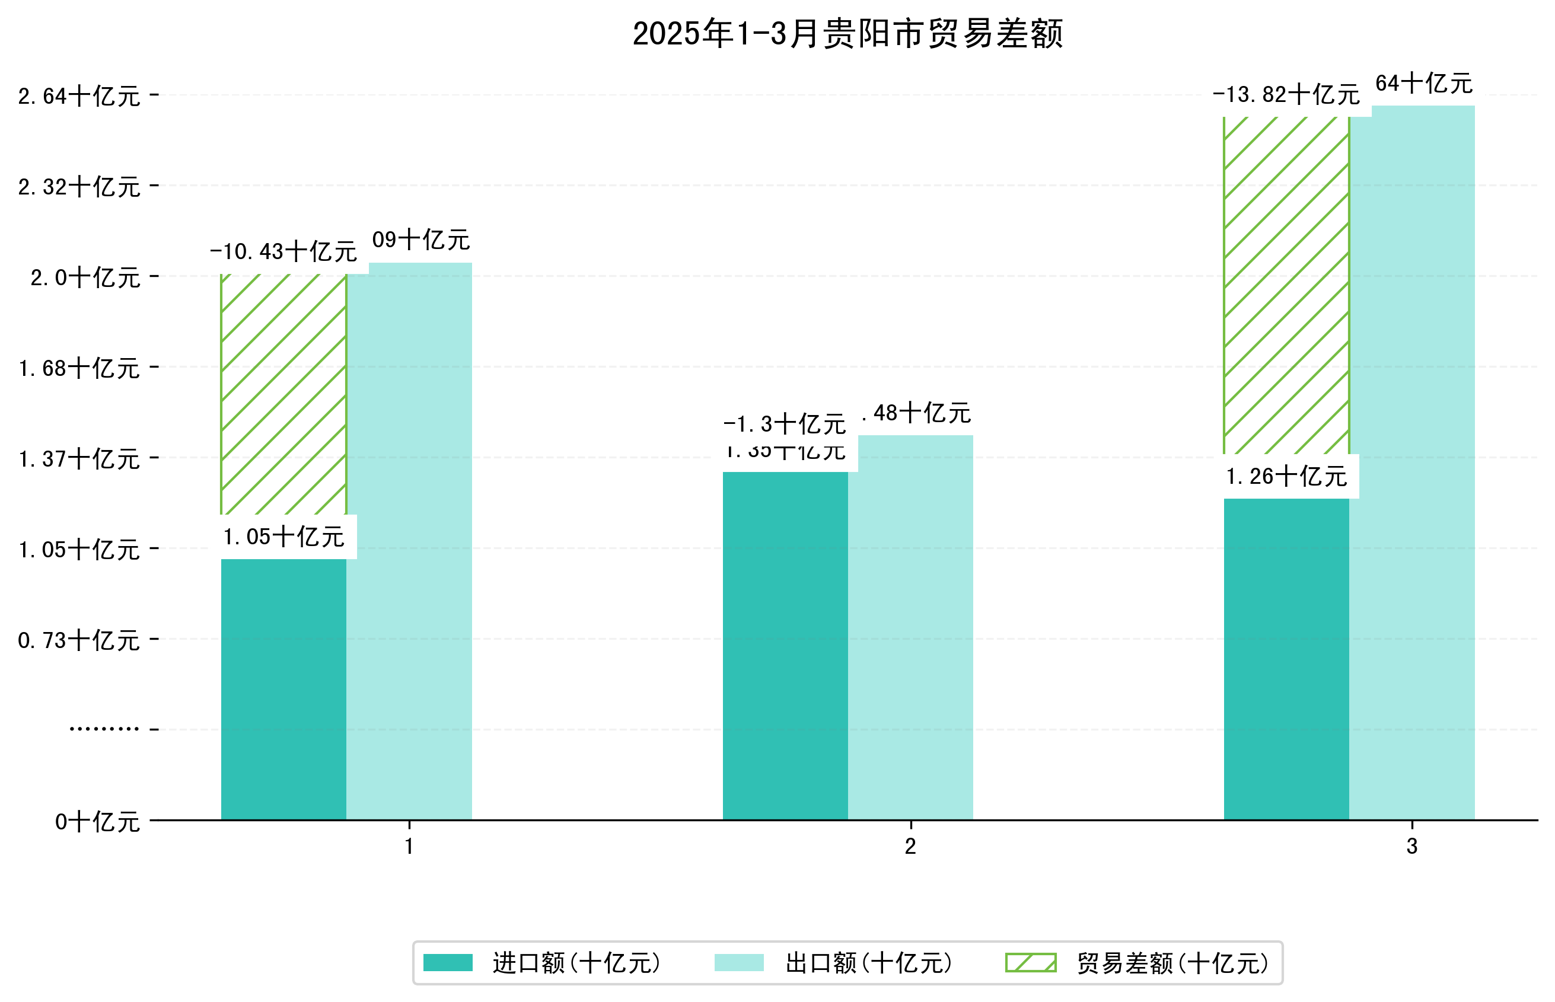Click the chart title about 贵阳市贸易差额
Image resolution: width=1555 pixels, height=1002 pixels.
click(x=847, y=34)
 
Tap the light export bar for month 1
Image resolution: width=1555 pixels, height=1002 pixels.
click(x=409, y=540)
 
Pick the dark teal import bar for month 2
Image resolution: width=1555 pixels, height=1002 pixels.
click(x=785, y=644)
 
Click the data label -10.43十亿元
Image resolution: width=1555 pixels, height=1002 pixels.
click(x=283, y=252)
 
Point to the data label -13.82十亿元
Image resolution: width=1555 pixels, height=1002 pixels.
click(x=1286, y=95)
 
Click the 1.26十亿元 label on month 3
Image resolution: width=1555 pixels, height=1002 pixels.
click(x=1286, y=477)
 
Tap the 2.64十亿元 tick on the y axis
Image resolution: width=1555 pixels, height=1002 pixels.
click(x=79, y=96)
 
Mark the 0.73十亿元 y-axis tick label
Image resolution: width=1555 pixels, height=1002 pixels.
click(x=79, y=640)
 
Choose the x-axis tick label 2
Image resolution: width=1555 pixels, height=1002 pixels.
click(x=910, y=847)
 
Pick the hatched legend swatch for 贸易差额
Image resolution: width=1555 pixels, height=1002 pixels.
click(x=1031, y=962)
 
